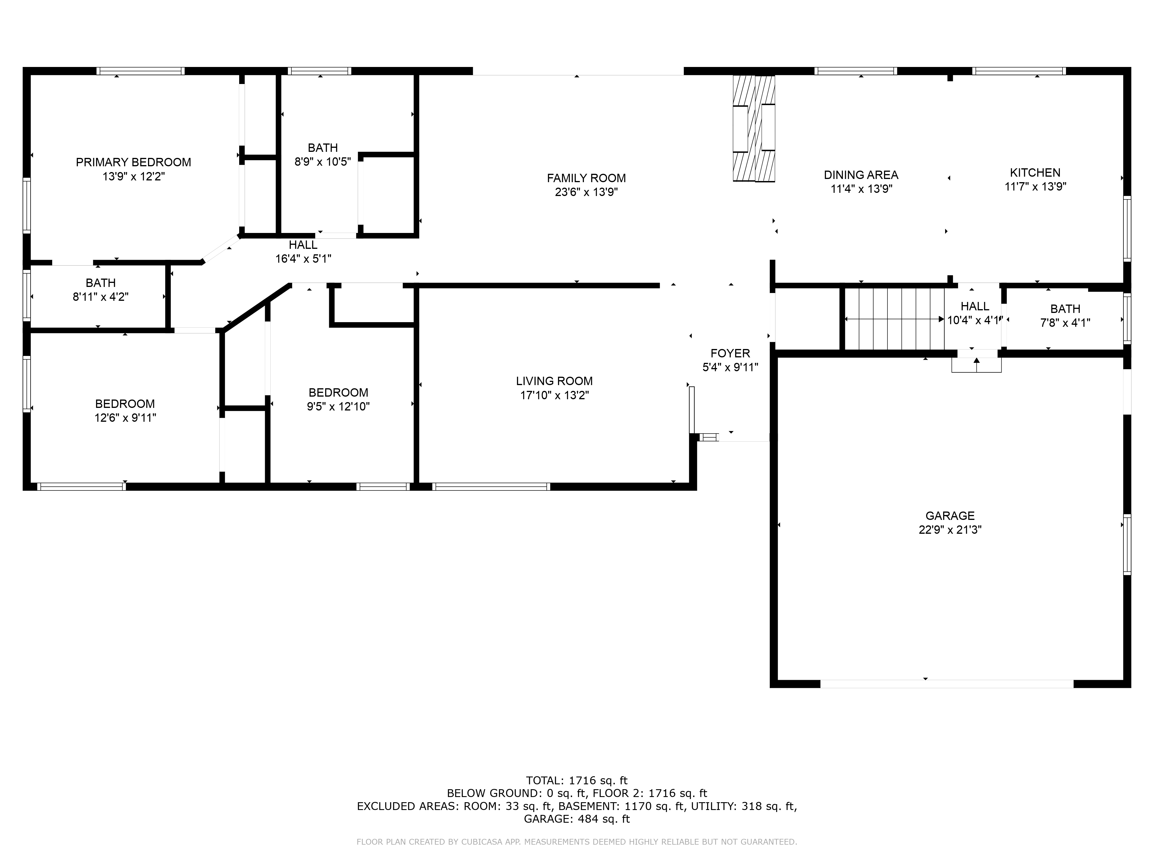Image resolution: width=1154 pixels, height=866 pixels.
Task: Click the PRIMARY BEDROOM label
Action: [x=134, y=162]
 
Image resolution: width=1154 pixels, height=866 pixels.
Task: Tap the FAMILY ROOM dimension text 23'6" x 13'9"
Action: [x=587, y=192]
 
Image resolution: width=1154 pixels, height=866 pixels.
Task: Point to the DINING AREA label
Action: [x=861, y=175]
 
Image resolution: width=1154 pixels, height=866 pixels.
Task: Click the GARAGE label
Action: [x=950, y=516]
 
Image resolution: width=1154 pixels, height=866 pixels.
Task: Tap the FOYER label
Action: [x=730, y=353]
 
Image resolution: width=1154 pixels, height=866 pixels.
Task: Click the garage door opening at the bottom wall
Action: [x=947, y=684]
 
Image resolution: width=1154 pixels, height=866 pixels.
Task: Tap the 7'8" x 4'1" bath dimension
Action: [x=1065, y=323]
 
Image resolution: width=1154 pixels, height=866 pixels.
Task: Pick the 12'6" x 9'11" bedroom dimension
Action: [x=125, y=418]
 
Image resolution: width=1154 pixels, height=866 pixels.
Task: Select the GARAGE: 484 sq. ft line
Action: [x=577, y=819]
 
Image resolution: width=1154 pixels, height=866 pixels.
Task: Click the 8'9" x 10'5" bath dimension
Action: [x=323, y=162]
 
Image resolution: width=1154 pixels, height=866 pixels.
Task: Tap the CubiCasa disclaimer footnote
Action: [x=577, y=842]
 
